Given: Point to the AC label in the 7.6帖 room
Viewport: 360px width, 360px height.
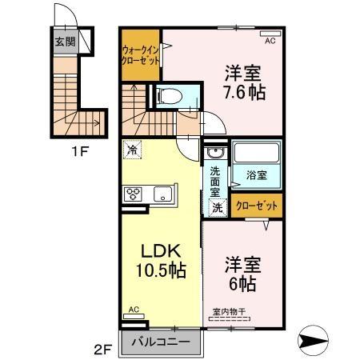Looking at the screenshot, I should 270,40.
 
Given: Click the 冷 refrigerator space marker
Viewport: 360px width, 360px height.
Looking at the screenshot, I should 132,149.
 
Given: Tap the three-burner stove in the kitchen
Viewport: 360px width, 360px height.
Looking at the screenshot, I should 133,194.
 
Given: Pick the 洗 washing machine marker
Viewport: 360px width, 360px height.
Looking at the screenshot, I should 217,206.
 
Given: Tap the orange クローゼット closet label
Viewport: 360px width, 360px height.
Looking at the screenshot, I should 258,206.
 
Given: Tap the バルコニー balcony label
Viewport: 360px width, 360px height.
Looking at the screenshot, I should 162,342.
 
